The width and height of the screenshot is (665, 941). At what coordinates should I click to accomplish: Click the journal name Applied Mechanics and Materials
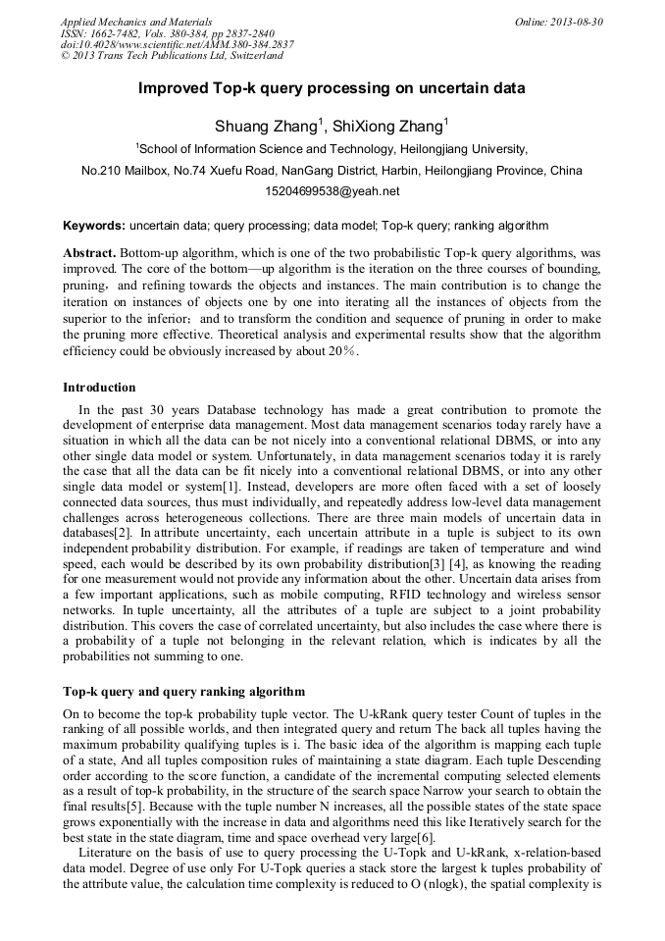pyautogui.click(x=124, y=22)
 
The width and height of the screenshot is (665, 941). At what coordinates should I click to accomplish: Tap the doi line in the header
pyautogui.click(x=177, y=45)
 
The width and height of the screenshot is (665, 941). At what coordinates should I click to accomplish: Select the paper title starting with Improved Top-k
pyautogui.click(x=332, y=88)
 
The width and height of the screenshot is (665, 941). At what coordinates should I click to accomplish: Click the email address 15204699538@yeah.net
pyautogui.click(x=332, y=190)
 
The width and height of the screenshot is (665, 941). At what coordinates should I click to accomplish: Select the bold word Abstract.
pyautogui.click(x=89, y=252)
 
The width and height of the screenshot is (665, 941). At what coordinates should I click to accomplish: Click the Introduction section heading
pyautogui.click(x=99, y=388)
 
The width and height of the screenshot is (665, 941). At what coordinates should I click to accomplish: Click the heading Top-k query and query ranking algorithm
pyautogui.click(x=183, y=692)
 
